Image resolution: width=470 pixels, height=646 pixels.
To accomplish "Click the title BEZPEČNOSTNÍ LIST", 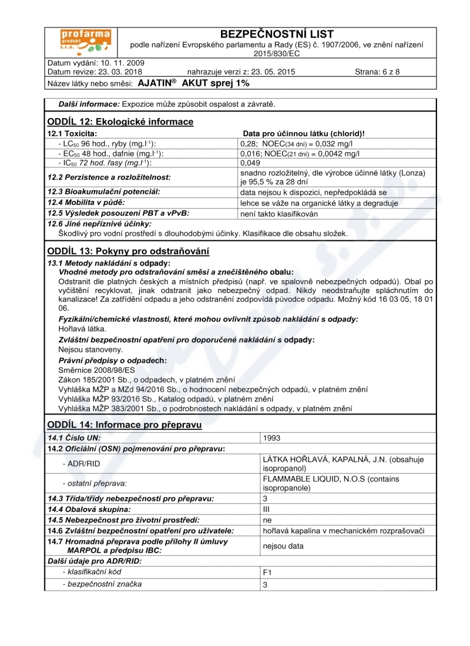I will coord(276,34).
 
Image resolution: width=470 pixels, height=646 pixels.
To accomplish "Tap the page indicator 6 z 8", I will coord(377,72).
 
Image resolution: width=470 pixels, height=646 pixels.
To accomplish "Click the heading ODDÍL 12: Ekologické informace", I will coord(120,122).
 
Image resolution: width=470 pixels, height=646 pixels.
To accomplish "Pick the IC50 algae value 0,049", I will coord(250,163).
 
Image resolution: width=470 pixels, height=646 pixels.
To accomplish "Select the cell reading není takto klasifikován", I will coord(279,214).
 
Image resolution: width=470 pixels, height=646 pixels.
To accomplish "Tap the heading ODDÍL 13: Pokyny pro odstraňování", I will coord(128,251).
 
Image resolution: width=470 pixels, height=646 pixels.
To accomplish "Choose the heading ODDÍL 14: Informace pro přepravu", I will coord(125,425).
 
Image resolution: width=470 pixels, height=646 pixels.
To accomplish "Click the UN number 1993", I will coord(272,438).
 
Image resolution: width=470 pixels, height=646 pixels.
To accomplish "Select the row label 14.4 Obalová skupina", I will coord(89,509).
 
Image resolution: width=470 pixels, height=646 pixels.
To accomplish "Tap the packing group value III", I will coord(266,509).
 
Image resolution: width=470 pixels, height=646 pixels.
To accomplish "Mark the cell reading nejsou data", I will coord(283,546).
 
